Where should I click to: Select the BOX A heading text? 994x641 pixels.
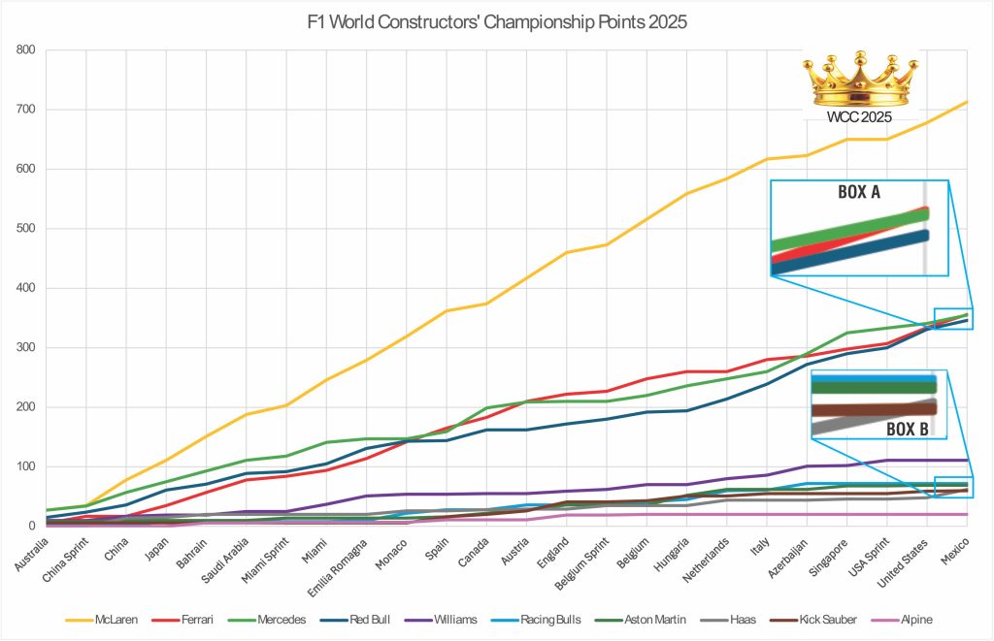coord(858,192)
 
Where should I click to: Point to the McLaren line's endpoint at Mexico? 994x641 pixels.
coord(967,101)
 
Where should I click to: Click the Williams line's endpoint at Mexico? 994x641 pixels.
coord(967,460)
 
